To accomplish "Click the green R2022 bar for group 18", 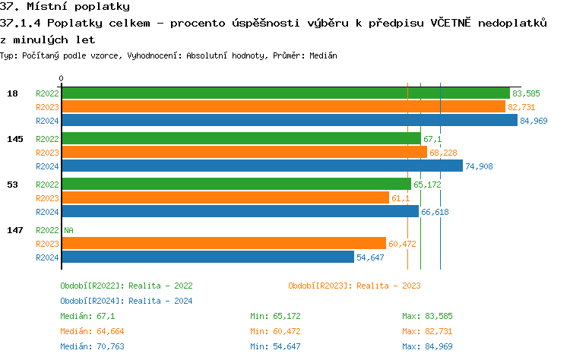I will tap(285, 93).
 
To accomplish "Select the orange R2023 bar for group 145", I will tap(244, 153).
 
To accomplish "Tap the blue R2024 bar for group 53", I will tap(239, 212).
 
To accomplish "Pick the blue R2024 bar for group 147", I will tap(207, 257).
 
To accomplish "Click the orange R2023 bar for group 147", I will tap(223, 244).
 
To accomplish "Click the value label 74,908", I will tap(480, 167).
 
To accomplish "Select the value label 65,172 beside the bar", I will tap(427, 185).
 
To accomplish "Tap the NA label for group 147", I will tap(68, 230).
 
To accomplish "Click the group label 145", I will tap(14, 139).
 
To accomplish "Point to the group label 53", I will tap(13, 185).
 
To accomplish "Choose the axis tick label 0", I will tap(62, 78).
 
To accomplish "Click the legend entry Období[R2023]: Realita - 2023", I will tap(354, 286).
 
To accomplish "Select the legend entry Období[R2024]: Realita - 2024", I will tap(126, 301).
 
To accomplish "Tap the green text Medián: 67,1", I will tap(87, 316).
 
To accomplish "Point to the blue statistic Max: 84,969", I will tap(427, 346).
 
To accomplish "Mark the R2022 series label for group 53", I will tap(47, 185).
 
